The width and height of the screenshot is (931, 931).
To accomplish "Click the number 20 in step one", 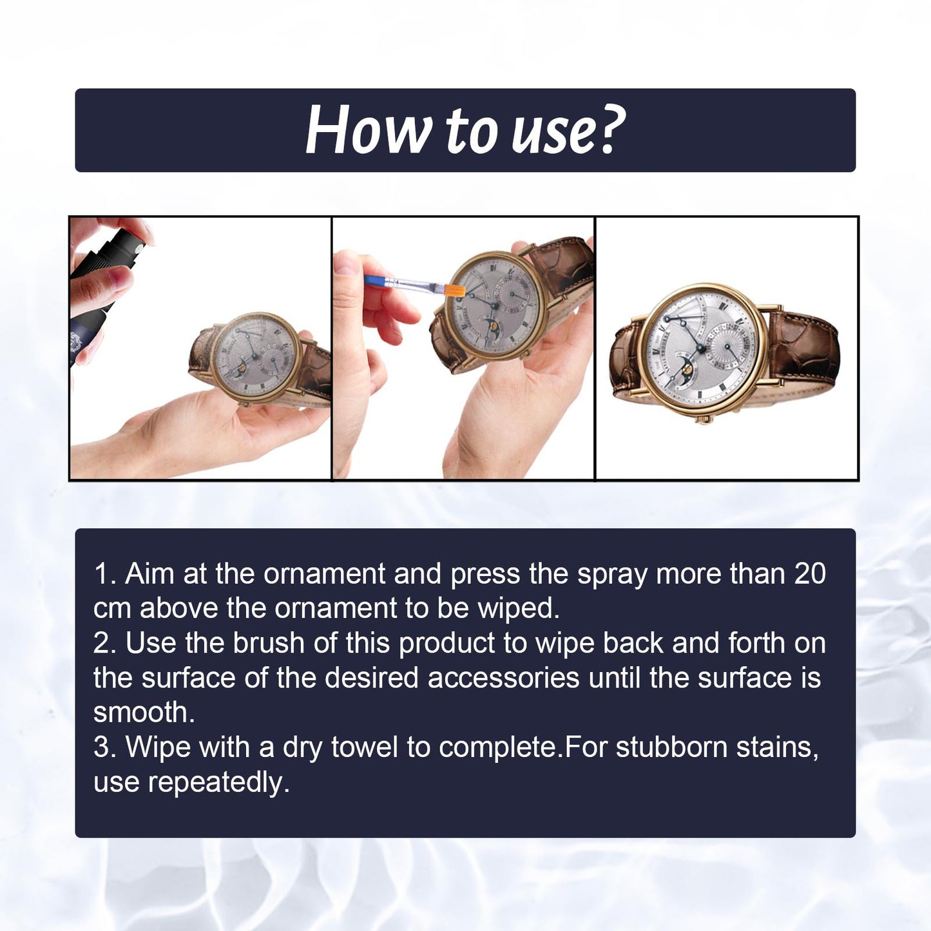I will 810,573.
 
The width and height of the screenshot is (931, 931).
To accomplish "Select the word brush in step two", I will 268,643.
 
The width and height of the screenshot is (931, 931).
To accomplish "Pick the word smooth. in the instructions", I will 144,713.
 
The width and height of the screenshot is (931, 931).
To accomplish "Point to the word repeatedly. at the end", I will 218,782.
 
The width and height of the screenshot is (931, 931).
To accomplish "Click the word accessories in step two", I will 503,678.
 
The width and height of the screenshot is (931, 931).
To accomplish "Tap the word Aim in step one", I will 149,573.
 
